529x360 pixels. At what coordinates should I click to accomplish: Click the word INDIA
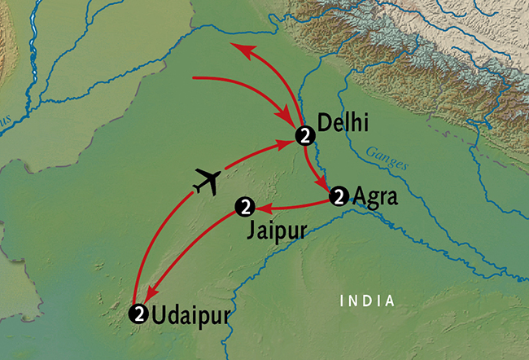(367, 301)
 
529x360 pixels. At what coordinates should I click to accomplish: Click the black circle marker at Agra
(339, 196)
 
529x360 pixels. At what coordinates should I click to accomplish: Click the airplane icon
(206, 181)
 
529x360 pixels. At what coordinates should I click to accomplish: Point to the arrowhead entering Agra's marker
(325, 187)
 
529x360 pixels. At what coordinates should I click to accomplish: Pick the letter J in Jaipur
(250, 230)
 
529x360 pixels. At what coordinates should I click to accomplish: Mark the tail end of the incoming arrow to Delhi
(194, 78)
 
